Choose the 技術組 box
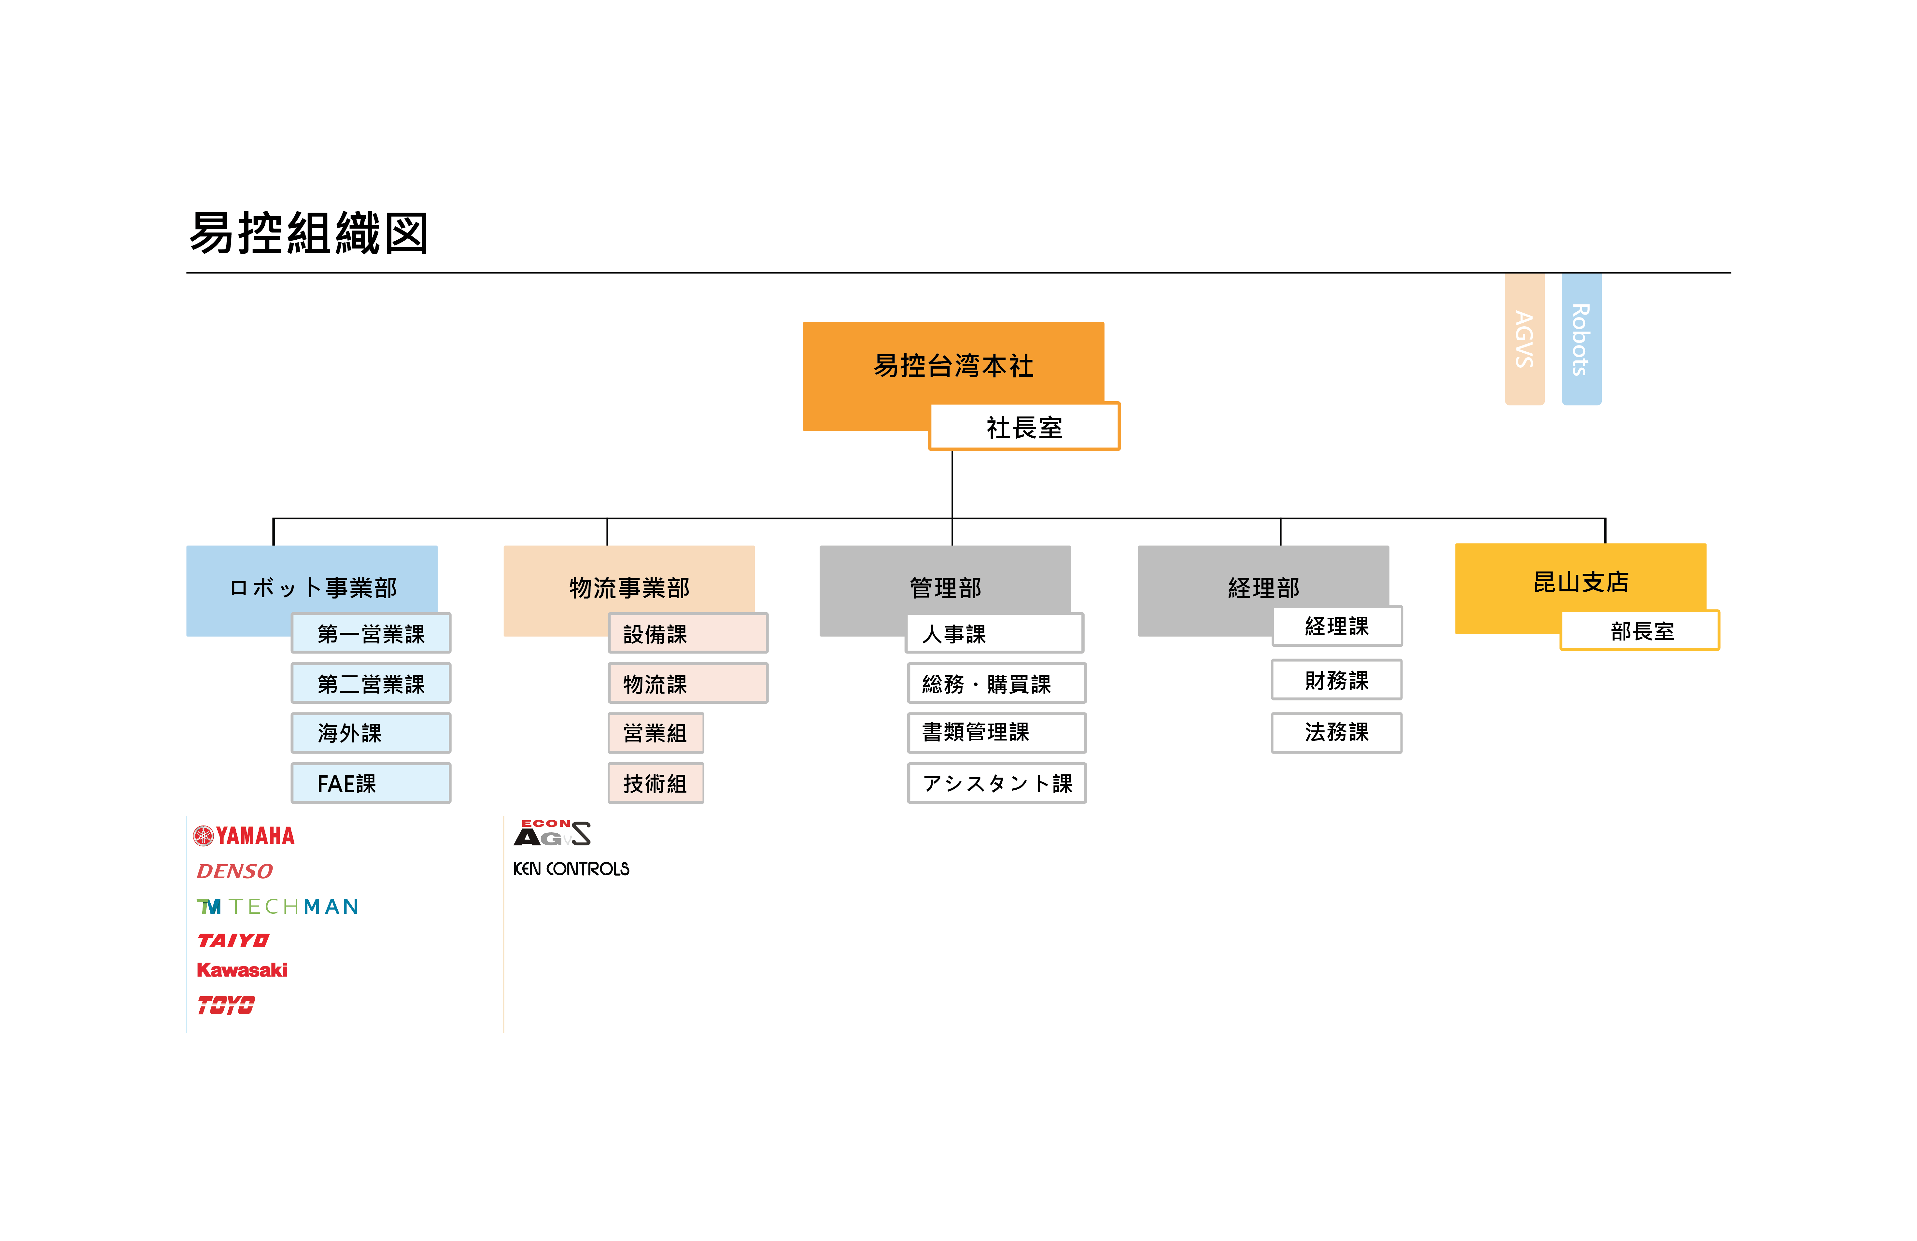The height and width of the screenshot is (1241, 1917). (655, 783)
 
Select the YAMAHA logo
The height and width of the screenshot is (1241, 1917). (244, 835)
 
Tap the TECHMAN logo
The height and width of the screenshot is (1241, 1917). (277, 906)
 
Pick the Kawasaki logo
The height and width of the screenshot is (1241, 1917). (242, 970)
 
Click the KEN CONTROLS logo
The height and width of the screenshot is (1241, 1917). (571, 868)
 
